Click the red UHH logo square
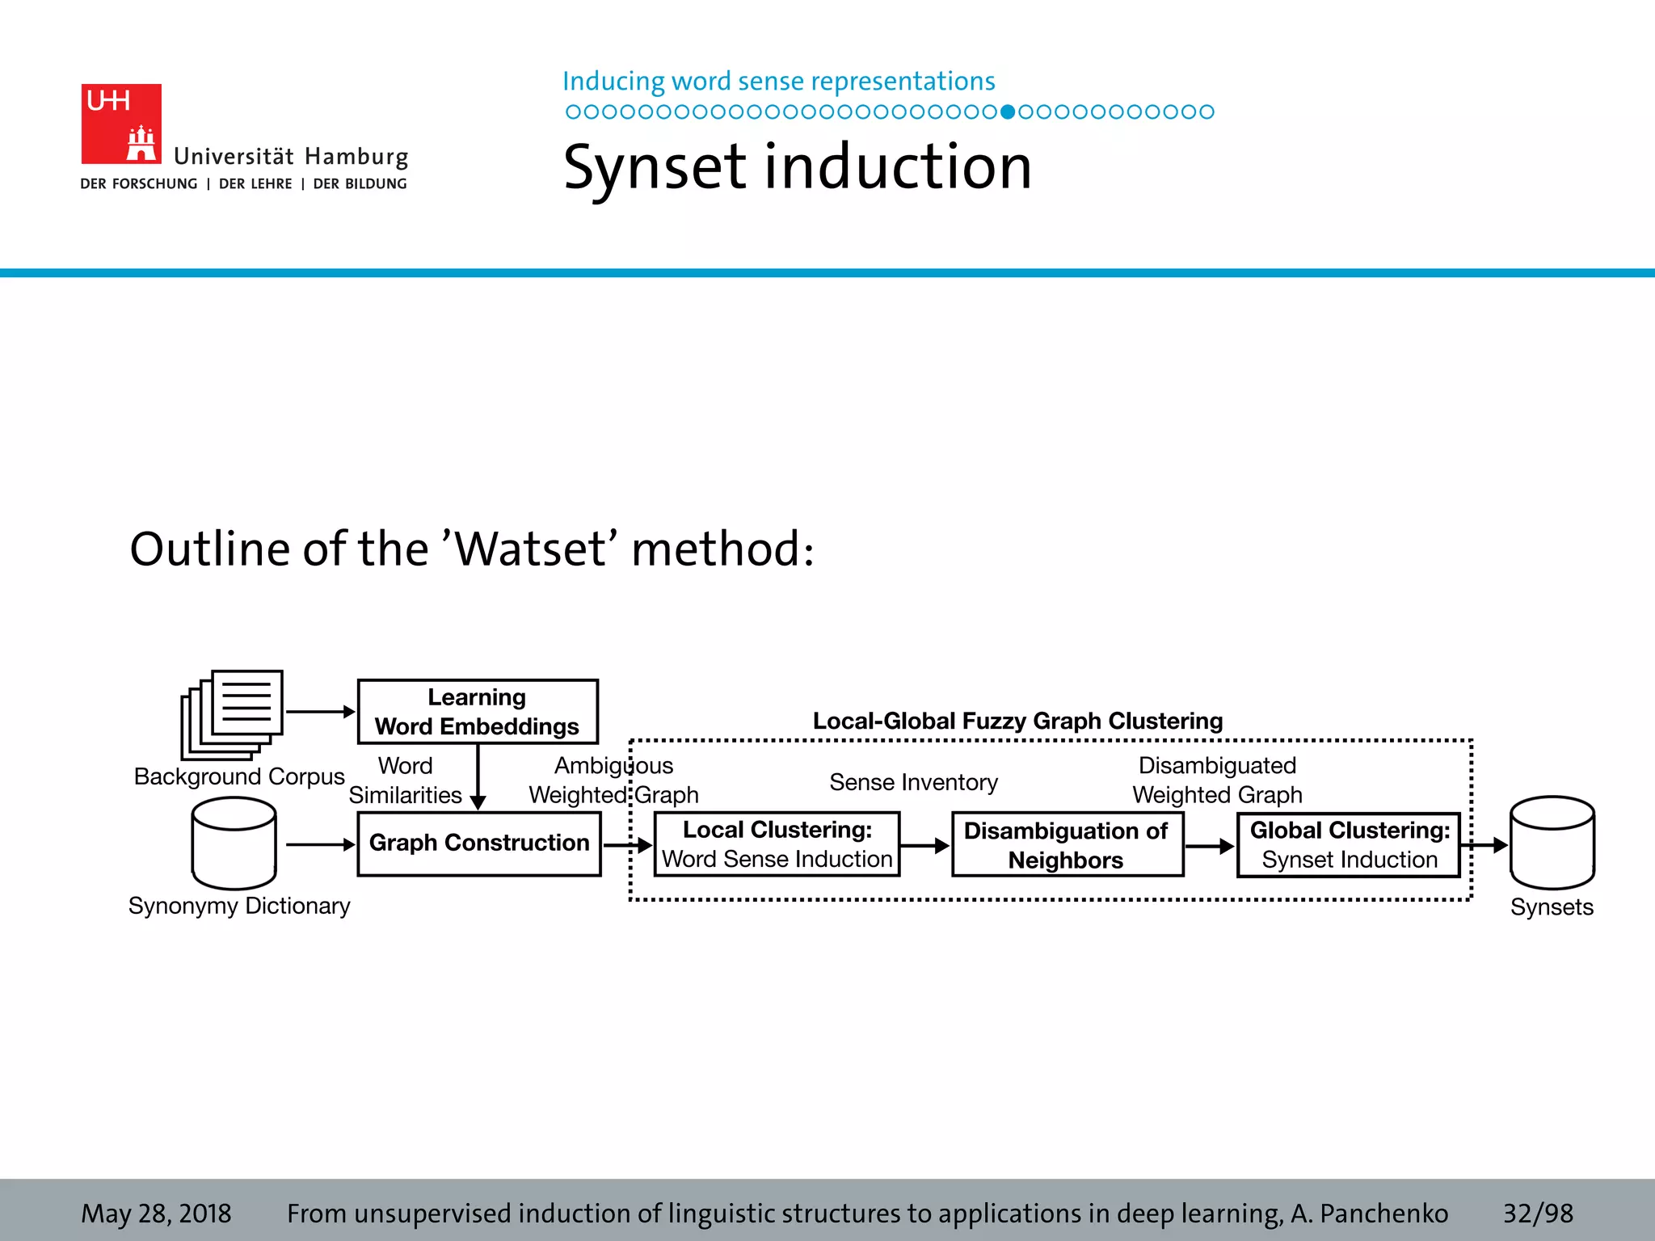point(121,124)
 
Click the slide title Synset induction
point(797,167)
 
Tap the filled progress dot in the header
point(1007,112)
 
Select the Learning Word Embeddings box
point(478,711)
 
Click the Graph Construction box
point(479,843)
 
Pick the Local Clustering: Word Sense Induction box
point(777,844)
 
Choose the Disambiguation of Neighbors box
point(1067,845)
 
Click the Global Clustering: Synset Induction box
point(1349,845)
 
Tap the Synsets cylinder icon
point(1552,843)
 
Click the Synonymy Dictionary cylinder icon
point(234,843)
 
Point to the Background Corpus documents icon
point(232,713)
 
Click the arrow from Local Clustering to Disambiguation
point(925,846)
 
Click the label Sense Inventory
point(913,782)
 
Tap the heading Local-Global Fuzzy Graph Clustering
point(1017,721)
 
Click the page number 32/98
point(1537,1213)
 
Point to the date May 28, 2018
point(156,1213)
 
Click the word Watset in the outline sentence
point(529,549)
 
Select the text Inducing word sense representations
point(778,82)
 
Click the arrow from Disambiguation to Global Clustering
point(1210,846)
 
